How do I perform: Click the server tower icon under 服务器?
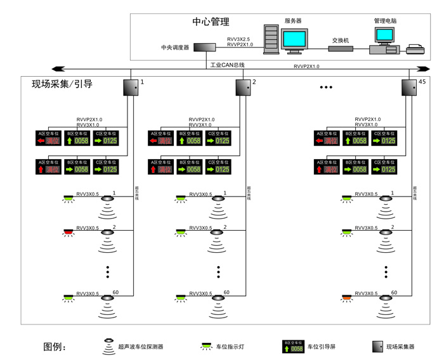271,41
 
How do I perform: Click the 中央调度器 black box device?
204,48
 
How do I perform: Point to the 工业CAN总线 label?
227,65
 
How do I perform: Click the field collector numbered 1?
130,87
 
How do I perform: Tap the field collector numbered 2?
243,87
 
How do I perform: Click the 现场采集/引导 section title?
62,84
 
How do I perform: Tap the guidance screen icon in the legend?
293,346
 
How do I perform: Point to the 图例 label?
54,347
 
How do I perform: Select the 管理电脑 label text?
385,21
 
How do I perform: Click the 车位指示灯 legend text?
231,347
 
